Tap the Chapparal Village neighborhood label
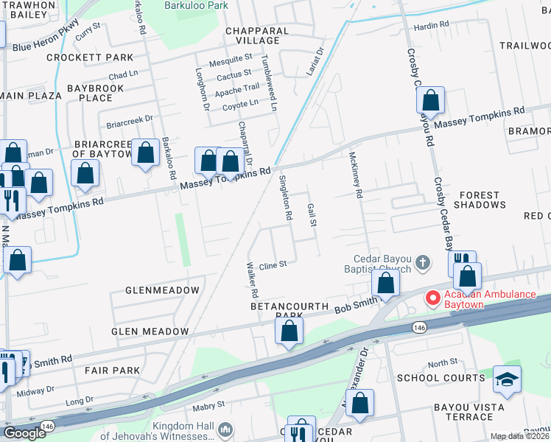coord(257,36)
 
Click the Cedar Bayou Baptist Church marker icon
coord(423,262)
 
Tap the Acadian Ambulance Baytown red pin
coord(432,298)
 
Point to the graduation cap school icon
coord(506,379)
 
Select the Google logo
coord(24,433)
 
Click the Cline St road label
coord(272,263)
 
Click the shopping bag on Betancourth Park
coord(289,331)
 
